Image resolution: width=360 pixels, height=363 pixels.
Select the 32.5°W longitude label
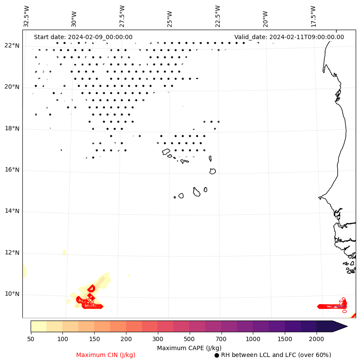pos(27,15)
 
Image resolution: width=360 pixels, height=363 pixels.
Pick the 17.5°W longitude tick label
pos(313,15)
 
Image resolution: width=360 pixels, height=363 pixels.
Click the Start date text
pos(83,37)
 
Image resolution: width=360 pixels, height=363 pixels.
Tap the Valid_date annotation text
pos(289,37)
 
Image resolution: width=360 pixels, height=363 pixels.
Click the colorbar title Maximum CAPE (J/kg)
pos(189,348)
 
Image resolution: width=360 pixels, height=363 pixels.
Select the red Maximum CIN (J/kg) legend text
pos(106,355)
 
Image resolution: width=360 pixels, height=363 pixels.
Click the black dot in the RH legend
pos(217,355)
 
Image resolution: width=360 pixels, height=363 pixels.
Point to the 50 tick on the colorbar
pos(31,339)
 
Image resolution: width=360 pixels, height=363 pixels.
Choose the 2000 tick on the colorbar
pos(317,339)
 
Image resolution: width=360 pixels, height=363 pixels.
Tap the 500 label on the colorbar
pos(190,339)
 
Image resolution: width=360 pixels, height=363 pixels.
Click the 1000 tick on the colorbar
pos(253,339)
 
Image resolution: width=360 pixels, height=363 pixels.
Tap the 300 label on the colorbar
pos(158,339)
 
